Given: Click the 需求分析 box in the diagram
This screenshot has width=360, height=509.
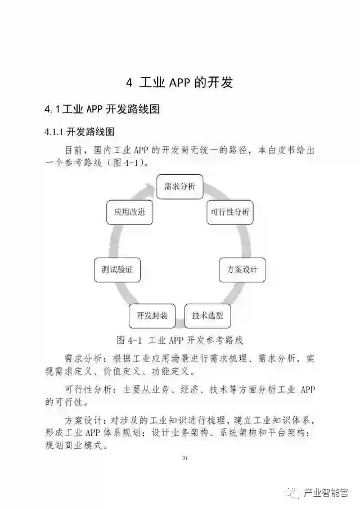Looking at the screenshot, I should [x=179, y=187].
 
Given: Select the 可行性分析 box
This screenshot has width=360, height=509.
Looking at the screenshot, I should [x=230, y=212].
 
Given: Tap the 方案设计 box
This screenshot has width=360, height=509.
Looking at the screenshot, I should [x=242, y=269].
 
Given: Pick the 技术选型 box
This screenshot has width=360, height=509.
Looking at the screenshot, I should [x=208, y=316].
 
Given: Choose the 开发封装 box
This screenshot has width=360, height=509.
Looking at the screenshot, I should [x=152, y=316].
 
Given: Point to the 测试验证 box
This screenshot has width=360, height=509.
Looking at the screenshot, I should [x=117, y=269].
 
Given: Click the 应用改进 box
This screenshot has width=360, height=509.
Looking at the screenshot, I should [x=129, y=212].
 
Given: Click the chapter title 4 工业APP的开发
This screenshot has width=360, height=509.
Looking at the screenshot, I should [x=179, y=83].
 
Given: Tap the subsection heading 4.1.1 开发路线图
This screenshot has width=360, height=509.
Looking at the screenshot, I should [x=79, y=132].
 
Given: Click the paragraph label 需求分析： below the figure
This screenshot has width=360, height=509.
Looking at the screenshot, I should [x=84, y=358].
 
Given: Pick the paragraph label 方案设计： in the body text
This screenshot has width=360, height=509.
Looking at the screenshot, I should [x=84, y=420].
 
